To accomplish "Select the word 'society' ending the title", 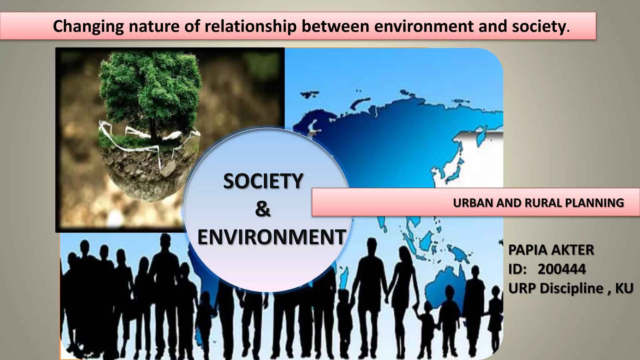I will (539, 26).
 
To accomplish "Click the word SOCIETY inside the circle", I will (263, 181).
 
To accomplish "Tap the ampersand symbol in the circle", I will (262, 209).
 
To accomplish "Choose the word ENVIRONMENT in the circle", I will (272, 237).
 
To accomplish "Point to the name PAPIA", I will (527, 250).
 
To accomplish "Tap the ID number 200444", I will (562, 269).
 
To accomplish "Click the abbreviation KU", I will (624, 288).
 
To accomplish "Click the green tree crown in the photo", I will (150, 84).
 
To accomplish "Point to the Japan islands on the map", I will (455, 170).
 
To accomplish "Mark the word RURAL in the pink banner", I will (543, 203).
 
